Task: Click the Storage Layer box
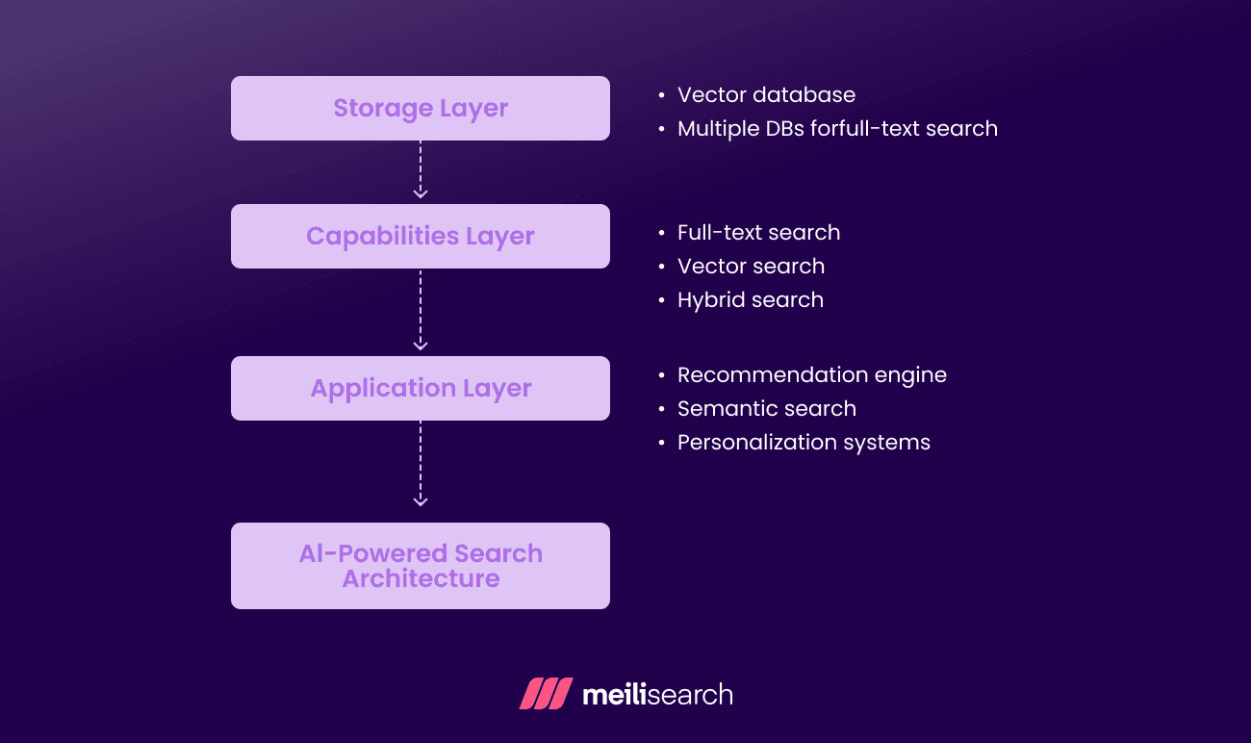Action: click(x=421, y=108)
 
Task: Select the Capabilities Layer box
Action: click(x=421, y=236)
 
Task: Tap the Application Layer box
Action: click(x=421, y=388)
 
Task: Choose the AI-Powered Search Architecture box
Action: click(x=421, y=566)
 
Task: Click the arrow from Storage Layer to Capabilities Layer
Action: click(x=421, y=171)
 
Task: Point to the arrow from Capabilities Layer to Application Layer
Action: click(x=421, y=312)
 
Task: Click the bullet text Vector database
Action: click(x=766, y=95)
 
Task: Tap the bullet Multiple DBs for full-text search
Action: click(x=837, y=129)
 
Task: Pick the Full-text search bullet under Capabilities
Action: click(x=758, y=233)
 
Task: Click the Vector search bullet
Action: click(x=751, y=267)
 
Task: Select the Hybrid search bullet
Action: click(x=751, y=300)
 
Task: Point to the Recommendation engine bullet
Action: click(x=812, y=375)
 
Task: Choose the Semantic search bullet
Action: click(x=767, y=409)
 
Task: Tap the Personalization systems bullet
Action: click(x=804, y=443)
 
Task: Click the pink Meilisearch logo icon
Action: click(x=546, y=694)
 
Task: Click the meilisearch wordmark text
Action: click(x=657, y=694)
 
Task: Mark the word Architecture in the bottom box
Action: click(x=421, y=578)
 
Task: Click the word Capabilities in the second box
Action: click(x=382, y=236)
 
